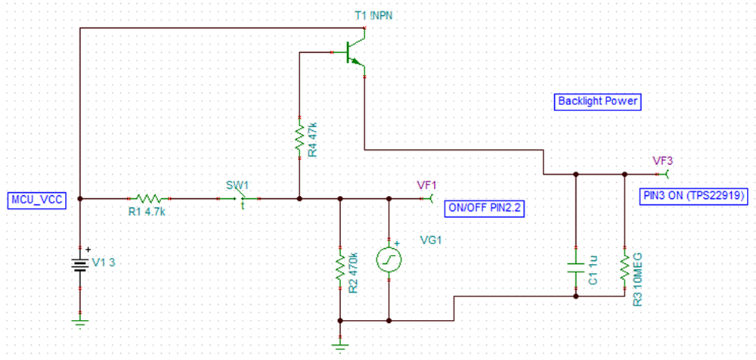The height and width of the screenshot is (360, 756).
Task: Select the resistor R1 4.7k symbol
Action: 147,199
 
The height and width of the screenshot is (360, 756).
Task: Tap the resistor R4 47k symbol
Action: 300,137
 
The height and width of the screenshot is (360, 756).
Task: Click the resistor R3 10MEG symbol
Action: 625,266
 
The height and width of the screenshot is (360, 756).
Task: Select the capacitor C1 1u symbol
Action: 576,266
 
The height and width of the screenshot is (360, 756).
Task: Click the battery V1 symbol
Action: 80,263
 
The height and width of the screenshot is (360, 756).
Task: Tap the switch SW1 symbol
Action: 239,199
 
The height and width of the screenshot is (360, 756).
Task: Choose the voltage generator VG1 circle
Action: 389,259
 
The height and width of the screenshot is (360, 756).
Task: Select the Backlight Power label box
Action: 598,101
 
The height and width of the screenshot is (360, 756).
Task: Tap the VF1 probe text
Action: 428,185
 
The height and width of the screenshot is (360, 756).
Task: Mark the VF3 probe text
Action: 663,160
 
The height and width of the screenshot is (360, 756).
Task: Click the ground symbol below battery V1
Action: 80,321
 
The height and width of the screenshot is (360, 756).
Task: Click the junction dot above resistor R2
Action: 340,199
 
